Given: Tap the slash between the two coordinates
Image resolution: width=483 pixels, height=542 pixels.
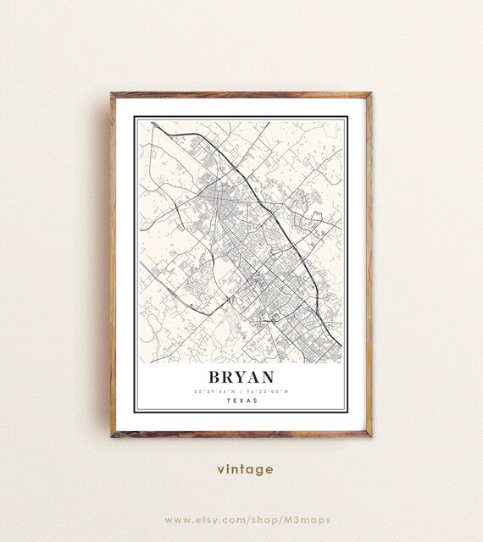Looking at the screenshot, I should [241, 391].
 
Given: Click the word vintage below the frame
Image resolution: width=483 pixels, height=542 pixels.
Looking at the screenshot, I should [244, 469].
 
